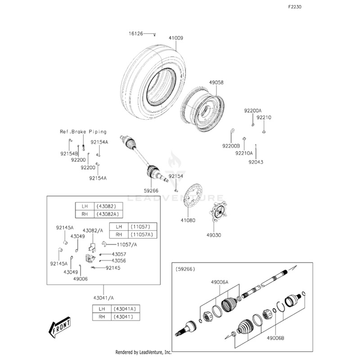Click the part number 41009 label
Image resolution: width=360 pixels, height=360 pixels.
click(x=176, y=38)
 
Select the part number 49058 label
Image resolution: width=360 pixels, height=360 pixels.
click(x=216, y=82)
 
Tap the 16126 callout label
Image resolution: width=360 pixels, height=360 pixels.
click(x=135, y=34)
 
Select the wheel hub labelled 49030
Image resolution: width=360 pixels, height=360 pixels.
click(x=217, y=212)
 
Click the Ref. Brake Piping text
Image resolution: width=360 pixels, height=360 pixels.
click(x=83, y=132)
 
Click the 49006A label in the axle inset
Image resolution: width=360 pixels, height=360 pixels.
click(x=220, y=282)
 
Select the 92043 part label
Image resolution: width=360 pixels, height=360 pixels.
click(x=256, y=162)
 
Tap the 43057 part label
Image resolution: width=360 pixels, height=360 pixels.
click(x=119, y=254)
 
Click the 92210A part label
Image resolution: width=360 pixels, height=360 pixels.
click(x=244, y=153)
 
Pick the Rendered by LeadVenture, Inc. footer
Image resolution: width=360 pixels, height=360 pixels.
click(x=144, y=352)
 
